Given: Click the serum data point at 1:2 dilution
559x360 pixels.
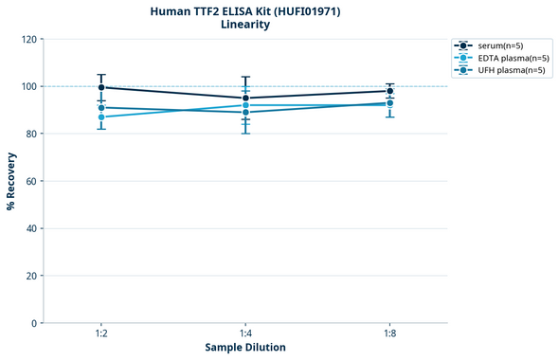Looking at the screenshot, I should (x=101, y=87).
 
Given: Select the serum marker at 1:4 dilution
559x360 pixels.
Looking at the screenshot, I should (x=245, y=98).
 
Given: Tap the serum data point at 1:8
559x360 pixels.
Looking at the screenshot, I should (x=389, y=91).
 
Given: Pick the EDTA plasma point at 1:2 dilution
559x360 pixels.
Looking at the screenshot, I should (x=101, y=117).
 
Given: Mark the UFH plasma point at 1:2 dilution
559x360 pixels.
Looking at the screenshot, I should (x=101, y=108).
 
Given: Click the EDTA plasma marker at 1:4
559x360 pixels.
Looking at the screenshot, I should (x=245, y=105).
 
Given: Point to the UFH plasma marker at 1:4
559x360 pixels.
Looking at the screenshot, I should (x=245, y=113).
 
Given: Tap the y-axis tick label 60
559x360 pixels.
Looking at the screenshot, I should (x=31, y=181).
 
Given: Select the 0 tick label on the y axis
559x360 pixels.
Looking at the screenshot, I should (x=34, y=323).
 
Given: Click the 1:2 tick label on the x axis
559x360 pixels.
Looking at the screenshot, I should (x=101, y=333).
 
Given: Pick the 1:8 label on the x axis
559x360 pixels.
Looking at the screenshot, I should (x=389, y=333).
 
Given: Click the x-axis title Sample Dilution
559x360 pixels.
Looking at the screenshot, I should (x=245, y=348).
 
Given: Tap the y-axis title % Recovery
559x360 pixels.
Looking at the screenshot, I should (x=11, y=181).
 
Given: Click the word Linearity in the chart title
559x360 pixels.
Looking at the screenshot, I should (x=245, y=25).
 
